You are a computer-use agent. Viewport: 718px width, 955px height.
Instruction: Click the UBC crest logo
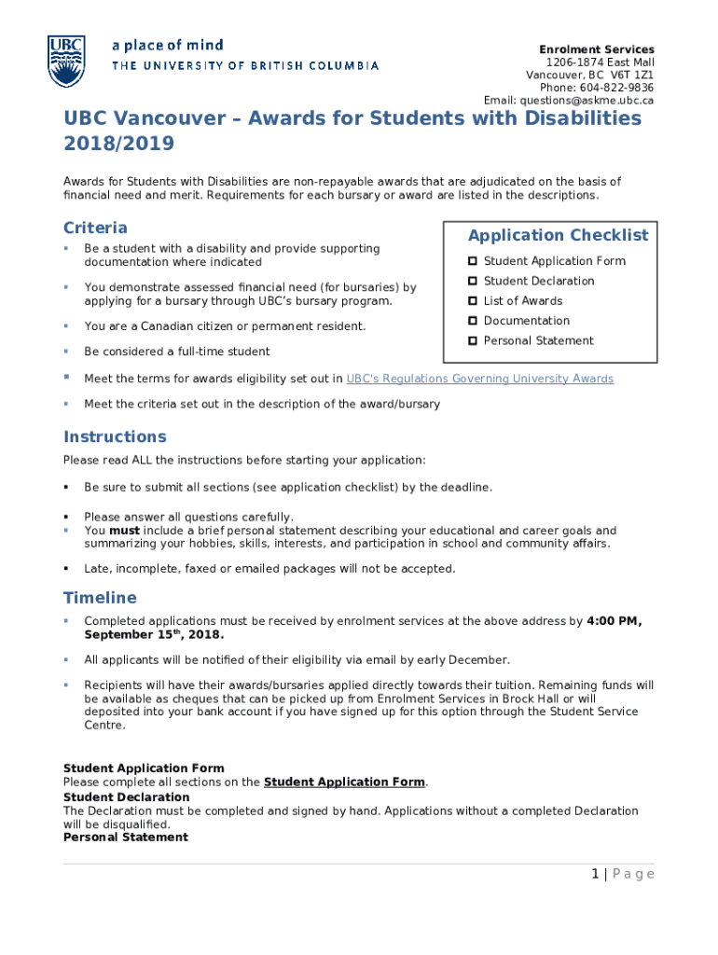[66, 61]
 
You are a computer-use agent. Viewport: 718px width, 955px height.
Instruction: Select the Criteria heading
[95, 228]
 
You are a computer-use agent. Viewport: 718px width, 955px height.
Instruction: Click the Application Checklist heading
[558, 235]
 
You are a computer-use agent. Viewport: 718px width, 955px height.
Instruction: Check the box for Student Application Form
[474, 261]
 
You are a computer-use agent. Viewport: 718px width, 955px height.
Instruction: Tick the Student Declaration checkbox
[474, 281]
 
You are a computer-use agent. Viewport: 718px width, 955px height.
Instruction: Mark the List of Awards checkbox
[474, 301]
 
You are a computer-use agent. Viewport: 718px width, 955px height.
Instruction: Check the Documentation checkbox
[474, 321]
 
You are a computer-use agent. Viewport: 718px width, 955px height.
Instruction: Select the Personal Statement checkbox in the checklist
[474, 341]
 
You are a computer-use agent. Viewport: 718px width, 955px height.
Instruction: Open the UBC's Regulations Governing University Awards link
[479, 379]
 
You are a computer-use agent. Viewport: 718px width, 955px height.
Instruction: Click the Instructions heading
[115, 436]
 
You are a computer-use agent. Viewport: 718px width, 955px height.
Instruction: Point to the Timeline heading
[100, 598]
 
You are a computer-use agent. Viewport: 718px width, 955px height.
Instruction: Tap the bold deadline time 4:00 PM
[614, 621]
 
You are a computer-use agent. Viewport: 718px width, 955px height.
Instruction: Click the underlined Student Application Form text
[345, 782]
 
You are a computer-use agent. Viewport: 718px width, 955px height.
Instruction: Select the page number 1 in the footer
[594, 874]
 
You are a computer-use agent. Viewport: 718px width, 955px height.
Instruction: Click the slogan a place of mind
[168, 45]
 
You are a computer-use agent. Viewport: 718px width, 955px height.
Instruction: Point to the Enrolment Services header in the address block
[597, 49]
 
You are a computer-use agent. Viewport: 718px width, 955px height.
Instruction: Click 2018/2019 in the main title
[118, 145]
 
